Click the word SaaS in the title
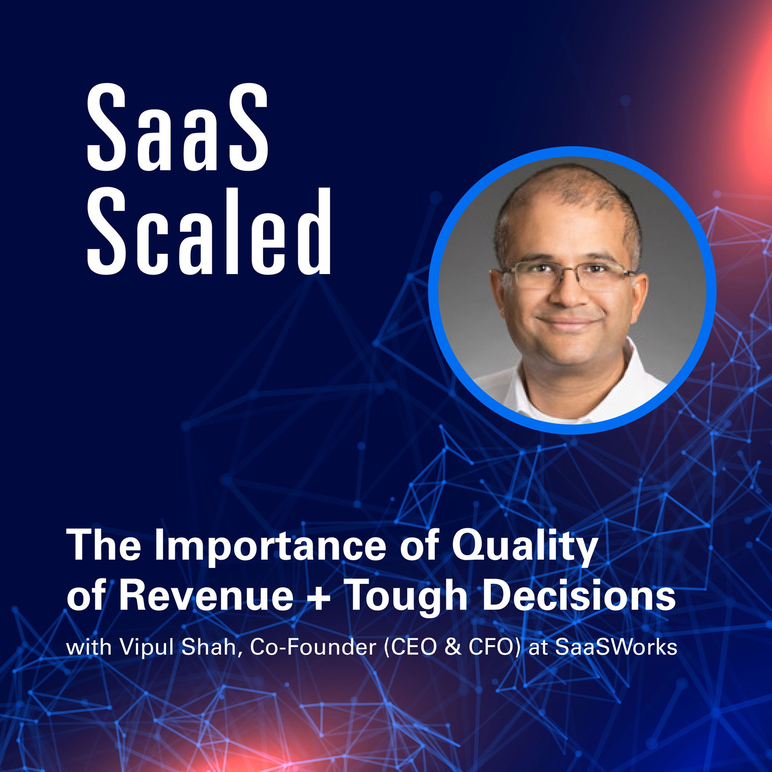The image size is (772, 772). [177, 128]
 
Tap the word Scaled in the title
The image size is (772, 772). [209, 231]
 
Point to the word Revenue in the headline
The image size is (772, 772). [206, 597]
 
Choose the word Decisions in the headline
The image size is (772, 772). [579, 597]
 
